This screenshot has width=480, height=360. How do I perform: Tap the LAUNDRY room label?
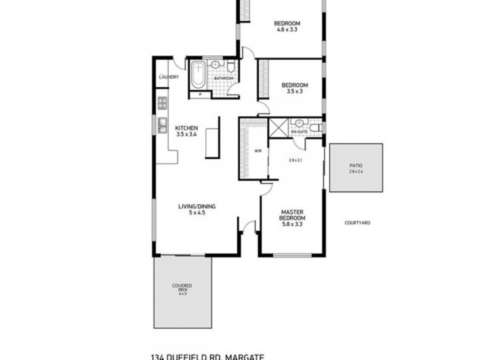169,77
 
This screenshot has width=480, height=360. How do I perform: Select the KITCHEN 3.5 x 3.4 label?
187,131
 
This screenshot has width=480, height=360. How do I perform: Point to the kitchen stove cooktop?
161,104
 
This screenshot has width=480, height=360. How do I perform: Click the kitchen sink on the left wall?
162,125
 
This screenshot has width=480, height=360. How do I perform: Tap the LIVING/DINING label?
197,209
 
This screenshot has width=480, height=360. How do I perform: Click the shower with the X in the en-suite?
278,128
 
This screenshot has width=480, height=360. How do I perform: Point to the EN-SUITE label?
299,131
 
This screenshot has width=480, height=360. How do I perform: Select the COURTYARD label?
357,223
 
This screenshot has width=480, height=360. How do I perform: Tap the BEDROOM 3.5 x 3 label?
295,88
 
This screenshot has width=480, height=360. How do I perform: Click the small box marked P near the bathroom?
200,94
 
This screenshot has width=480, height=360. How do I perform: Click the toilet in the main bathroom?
230,64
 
